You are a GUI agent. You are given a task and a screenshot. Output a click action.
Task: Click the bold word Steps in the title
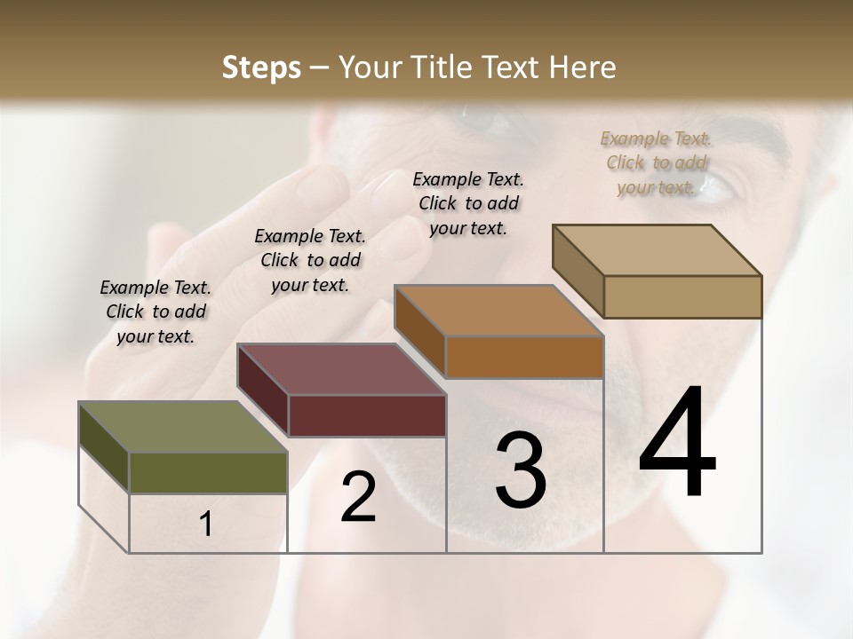pos(261,67)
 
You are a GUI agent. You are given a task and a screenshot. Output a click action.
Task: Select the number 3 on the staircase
pos(520,470)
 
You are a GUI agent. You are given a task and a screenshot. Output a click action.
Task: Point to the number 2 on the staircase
pos(358,498)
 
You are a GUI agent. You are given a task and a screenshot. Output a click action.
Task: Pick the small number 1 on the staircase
pos(205,525)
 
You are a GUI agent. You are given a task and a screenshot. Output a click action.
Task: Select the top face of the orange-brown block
pos(498,311)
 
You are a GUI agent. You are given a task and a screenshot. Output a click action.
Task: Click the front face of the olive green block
pos(208,472)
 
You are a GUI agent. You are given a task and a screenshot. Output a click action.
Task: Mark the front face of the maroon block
pos(367,415)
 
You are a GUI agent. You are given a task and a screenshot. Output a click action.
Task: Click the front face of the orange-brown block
pos(524,357)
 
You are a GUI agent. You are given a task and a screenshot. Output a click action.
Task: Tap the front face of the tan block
pos(682,296)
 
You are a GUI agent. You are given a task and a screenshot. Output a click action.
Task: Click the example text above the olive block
pos(155,312)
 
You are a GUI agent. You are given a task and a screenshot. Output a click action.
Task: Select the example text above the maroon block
pos(310,260)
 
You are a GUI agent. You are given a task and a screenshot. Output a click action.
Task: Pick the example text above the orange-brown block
pos(468,203)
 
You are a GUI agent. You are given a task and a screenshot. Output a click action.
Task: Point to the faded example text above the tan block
pos(656,162)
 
